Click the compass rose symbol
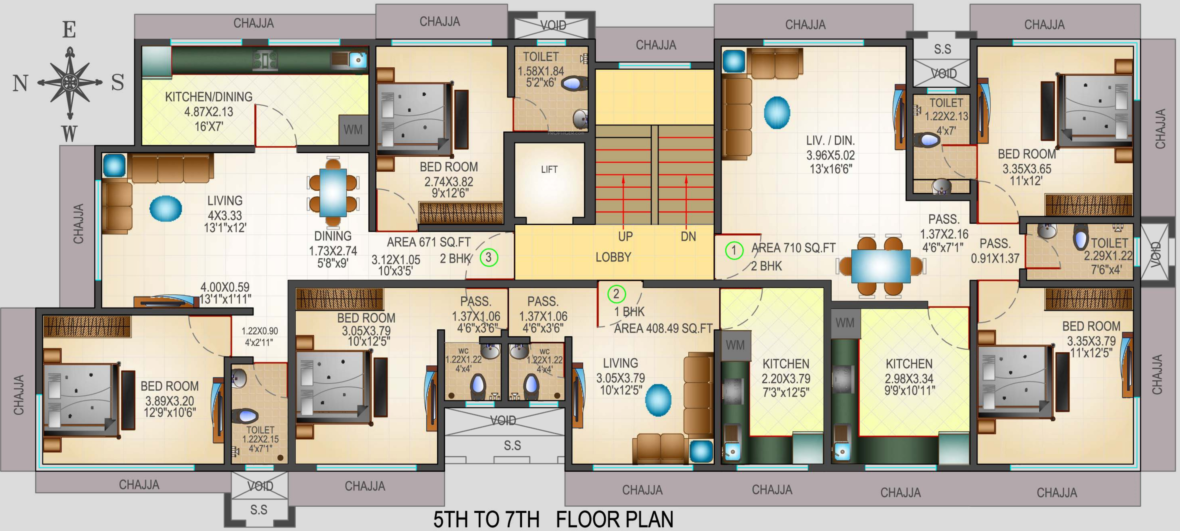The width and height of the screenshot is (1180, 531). tap(70, 83)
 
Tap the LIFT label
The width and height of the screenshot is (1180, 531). tap(549, 169)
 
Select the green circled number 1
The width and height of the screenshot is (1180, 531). tap(734, 250)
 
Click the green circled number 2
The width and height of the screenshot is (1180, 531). tap(616, 294)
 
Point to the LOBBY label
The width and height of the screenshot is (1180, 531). tap(613, 257)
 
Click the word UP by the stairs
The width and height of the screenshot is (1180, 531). tap(625, 237)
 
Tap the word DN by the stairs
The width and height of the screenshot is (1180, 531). tap(688, 237)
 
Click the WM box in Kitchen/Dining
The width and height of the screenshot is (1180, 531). tap(353, 130)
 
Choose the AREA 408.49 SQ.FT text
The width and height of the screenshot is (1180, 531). tap(663, 329)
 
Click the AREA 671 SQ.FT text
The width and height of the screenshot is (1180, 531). tap(429, 242)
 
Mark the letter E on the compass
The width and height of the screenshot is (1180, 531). tap(69, 30)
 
